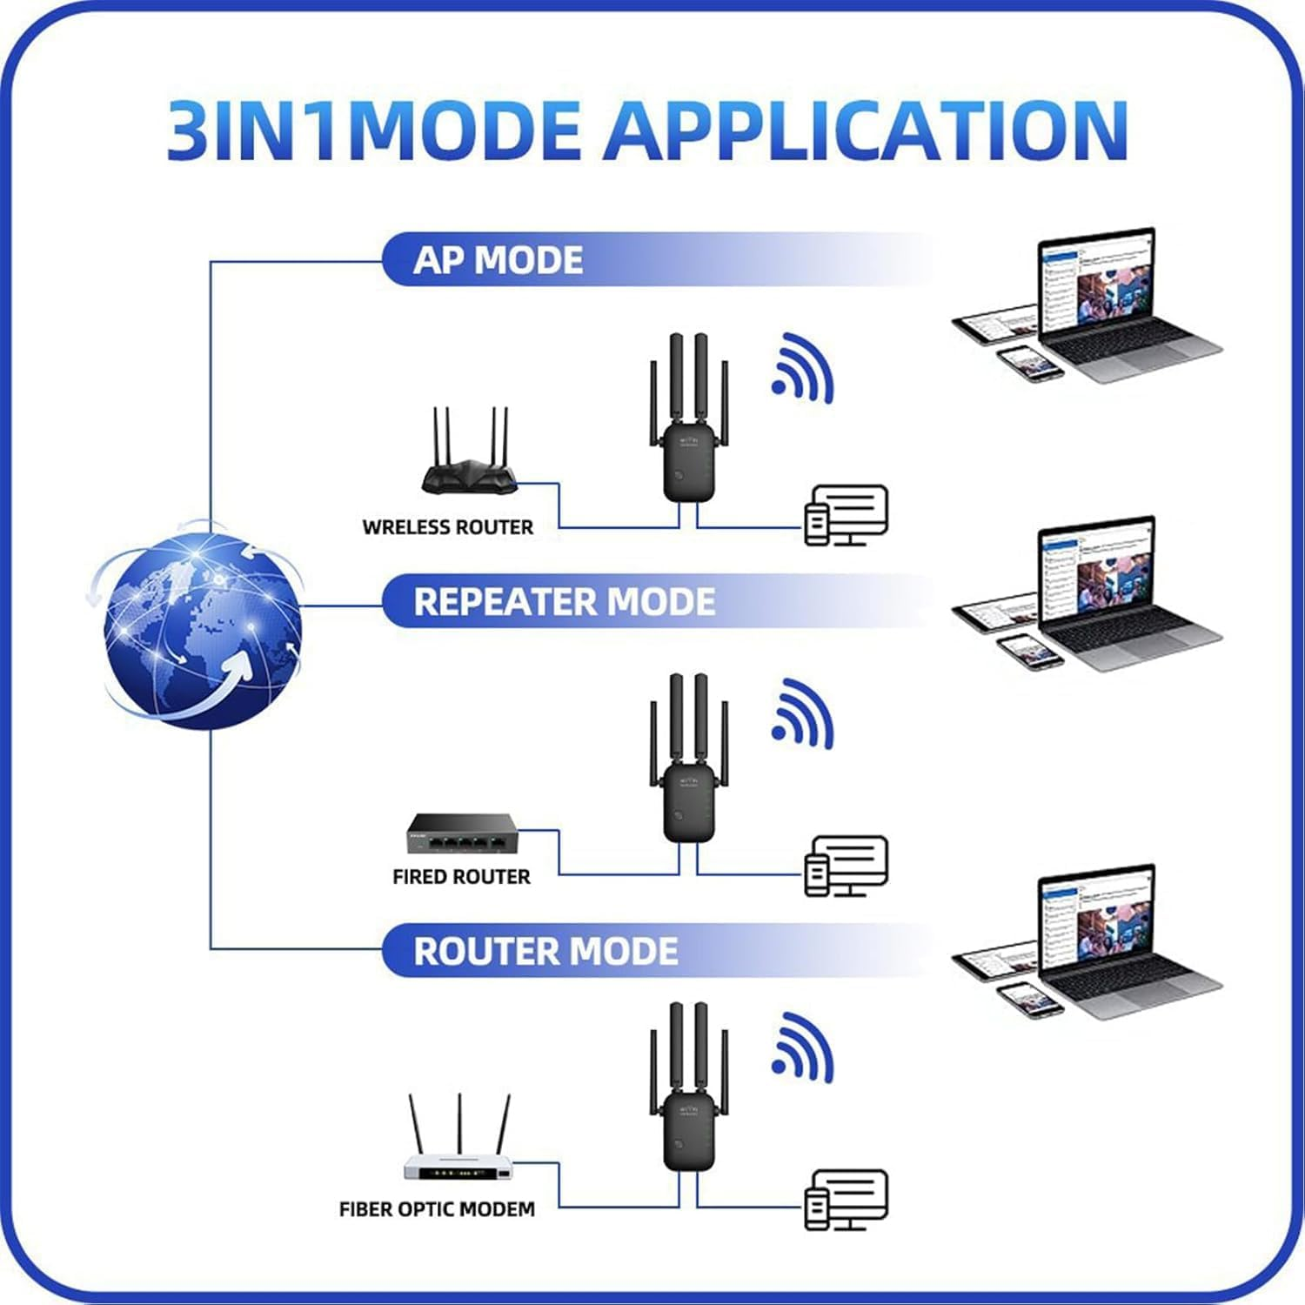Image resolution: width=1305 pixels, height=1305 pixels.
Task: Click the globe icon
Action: click(x=202, y=628)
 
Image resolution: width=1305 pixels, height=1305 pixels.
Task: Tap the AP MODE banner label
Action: click(x=498, y=260)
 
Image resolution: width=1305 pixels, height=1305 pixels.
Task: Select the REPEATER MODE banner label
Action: click(x=564, y=601)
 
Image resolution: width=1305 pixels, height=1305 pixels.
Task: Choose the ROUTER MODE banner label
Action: click(x=545, y=951)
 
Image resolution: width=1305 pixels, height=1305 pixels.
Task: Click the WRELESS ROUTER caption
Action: click(x=447, y=527)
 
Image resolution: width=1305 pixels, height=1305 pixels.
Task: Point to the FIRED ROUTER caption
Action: click(x=461, y=876)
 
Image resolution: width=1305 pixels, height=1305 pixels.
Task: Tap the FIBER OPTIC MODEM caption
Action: click(x=437, y=1209)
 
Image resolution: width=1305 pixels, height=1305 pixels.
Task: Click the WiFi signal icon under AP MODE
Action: click(x=802, y=370)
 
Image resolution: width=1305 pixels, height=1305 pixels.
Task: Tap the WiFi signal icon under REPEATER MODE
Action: click(x=802, y=715)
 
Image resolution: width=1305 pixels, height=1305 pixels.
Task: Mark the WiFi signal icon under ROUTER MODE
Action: click(x=802, y=1048)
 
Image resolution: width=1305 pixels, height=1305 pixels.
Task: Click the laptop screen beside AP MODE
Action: click(x=1096, y=283)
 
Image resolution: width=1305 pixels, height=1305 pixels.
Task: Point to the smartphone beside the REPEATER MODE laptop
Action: click(x=1029, y=651)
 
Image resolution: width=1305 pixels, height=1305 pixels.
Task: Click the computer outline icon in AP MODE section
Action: click(x=847, y=515)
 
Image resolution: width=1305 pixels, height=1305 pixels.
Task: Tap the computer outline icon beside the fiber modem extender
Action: click(x=847, y=1200)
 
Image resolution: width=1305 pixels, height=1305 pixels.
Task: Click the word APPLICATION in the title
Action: click(x=866, y=130)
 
